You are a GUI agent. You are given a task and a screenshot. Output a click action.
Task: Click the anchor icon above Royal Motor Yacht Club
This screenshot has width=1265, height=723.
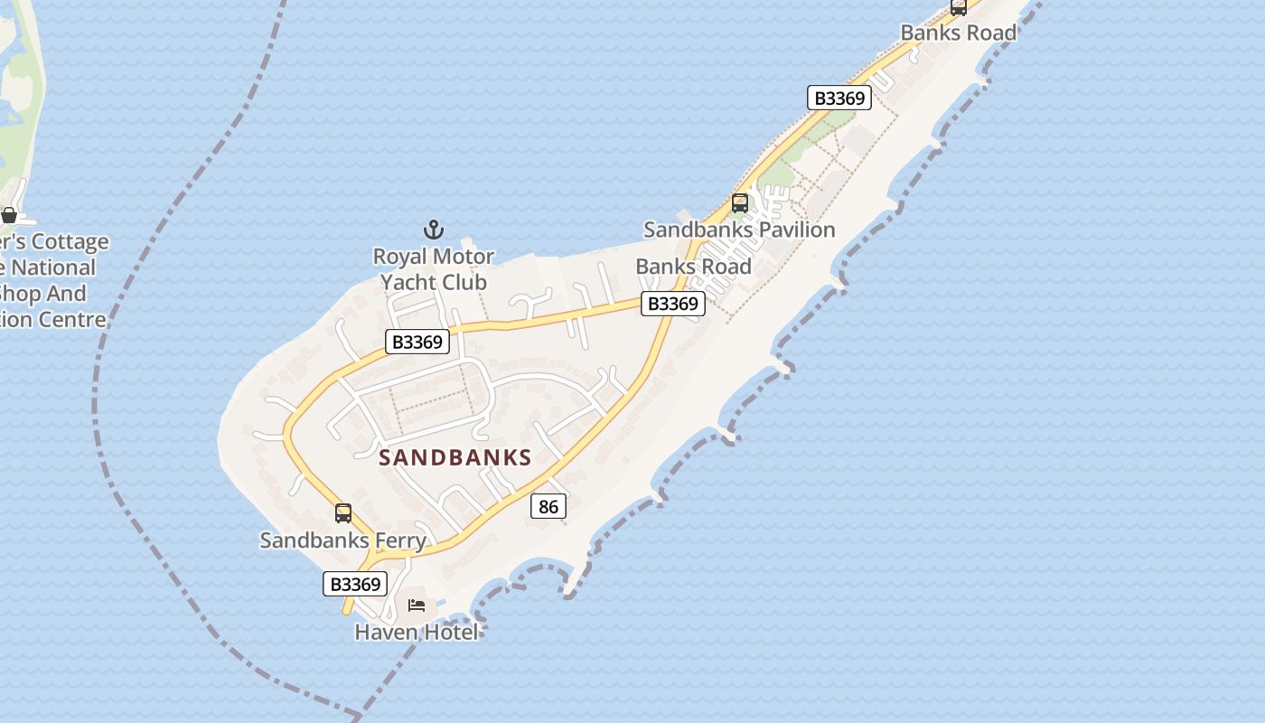pos(434,230)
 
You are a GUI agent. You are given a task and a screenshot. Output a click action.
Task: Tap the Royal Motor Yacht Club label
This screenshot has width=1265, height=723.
pos(434,269)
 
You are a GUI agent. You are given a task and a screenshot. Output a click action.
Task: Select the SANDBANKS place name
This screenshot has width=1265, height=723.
pos(454,457)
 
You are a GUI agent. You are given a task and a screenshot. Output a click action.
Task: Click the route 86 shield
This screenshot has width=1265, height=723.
pos(548,506)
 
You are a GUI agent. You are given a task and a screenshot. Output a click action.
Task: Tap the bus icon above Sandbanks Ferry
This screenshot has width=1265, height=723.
pos(343,513)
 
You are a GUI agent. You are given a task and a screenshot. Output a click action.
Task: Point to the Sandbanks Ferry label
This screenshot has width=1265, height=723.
pos(343,540)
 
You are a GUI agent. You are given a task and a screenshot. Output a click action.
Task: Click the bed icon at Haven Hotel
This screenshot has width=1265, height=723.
pos(417,605)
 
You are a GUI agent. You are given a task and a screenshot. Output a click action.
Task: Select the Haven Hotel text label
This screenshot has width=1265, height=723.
pos(417,632)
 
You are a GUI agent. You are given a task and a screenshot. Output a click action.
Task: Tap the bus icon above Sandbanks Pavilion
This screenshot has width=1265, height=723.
pos(740,203)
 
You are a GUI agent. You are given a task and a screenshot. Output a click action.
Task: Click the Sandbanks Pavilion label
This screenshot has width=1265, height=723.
pos(739,230)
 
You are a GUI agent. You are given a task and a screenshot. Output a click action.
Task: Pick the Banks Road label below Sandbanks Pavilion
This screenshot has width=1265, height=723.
pos(693,267)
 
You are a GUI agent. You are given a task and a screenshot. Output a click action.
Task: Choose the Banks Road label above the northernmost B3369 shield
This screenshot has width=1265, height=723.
pos(959,33)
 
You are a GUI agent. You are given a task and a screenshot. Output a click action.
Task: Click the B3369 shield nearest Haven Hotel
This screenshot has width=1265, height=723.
pos(355,584)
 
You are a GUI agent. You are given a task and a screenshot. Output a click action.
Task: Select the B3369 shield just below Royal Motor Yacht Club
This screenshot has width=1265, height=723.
pos(417,342)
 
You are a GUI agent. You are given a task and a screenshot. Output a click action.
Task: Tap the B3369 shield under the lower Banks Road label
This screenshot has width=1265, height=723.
pos(673,304)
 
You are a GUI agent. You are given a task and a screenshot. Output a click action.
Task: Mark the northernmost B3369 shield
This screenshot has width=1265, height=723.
pos(839,98)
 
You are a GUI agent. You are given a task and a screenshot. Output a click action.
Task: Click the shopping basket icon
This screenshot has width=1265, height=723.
pos(9,215)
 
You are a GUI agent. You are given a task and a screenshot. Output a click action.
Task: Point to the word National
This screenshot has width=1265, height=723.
pos(53,268)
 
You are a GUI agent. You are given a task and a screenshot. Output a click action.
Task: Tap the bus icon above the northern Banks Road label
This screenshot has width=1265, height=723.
pos(959,7)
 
